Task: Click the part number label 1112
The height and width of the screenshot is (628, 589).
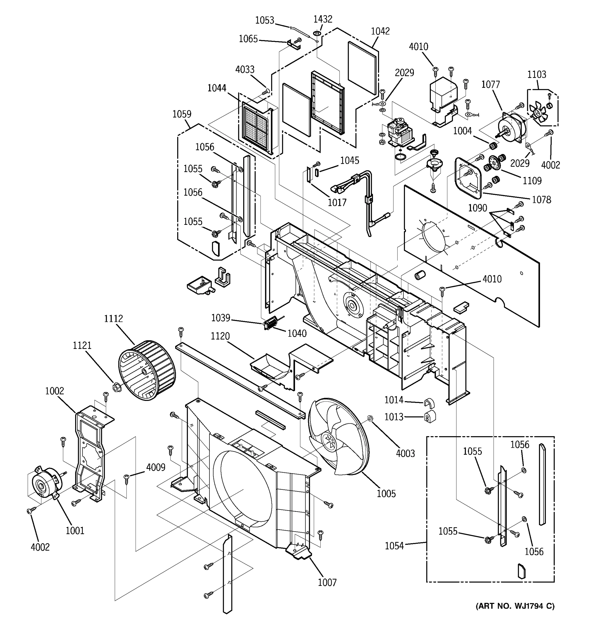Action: (x=113, y=318)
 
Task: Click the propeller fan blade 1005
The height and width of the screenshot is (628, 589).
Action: (x=338, y=438)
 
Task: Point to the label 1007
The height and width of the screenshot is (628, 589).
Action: (x=327, y=582)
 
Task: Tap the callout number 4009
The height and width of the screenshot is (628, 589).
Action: (x=155, y=467)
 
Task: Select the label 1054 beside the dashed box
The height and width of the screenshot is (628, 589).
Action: (x=394, y=546)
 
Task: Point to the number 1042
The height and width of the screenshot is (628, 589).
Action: (x=380, y=31)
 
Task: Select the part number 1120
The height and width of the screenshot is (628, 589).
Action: (x=220, y=336)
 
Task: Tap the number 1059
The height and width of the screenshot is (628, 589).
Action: (x=182, y=114)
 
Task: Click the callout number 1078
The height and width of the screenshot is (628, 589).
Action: (x=541, y=200)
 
